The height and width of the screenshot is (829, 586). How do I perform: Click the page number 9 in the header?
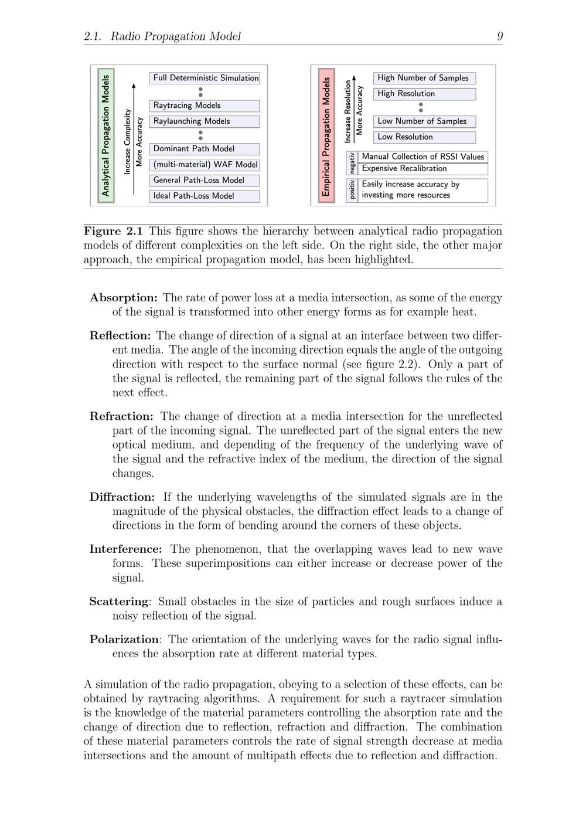pyautogui.click(x=499, y=36)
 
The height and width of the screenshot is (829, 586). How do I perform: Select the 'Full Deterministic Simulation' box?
pyautogui.click(x=205, y=78)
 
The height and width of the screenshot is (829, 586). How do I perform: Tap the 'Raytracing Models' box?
pyautogui.click(x=205, y=106)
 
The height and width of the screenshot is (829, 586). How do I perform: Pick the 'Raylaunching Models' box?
pyautogui.click(x=205, y=121)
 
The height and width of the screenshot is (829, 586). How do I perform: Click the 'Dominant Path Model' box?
pyautogui.click(x=205, y=149)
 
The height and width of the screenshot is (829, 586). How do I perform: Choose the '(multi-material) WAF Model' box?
pyautogui.click(x=205, y=165)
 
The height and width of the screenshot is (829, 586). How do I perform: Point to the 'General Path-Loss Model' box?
pyautogui.click(x=205, y=181)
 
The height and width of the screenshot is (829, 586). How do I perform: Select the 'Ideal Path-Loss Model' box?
pyautogui.click(x=205, y=196)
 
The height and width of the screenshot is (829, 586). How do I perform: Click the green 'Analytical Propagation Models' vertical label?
pyautogui.click(x=106, y=135)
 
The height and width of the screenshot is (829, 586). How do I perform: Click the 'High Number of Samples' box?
pyautogui.click(x=424, y=78)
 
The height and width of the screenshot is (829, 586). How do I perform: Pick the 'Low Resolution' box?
pyautogui.click(x=424, y=137)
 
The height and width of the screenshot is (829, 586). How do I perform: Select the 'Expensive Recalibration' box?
pyautogui.click(x=423, y=169)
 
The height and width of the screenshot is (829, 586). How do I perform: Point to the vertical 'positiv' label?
pyautogui.click(x=352, y=190)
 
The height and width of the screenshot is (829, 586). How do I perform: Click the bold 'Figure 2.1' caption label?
pyautogui.click(x=113, y=231)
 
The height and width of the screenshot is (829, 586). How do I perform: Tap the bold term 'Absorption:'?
pyautogui.click(x=124, y=298)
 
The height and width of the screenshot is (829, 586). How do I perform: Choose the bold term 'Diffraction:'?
pyautogui.click(x=122, y=497)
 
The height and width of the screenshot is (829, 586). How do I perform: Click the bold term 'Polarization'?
pyautogui.click(x=124, y=639)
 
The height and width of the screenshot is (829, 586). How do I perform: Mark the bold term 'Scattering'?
pyautogui.click(x=118, y=602)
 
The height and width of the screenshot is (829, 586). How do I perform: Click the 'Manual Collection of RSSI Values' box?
pyautogui.click(x=423, y=157)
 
